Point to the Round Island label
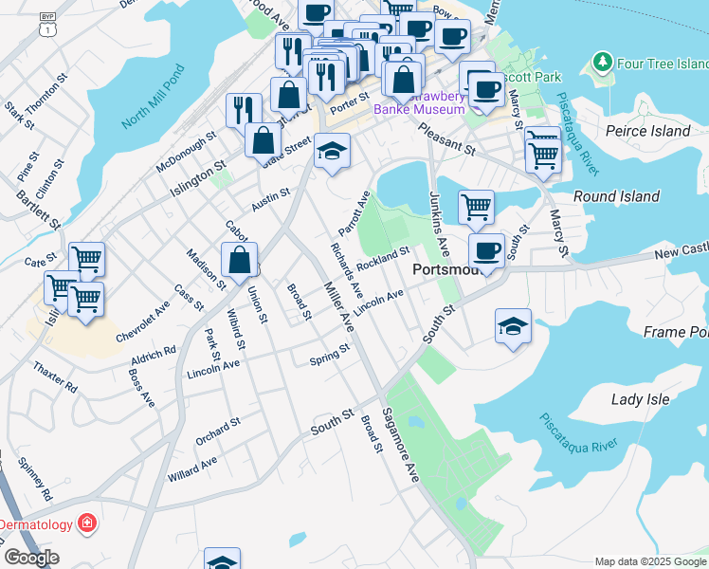coord(616,196)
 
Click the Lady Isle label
coord(641,399)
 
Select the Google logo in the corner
coord(31,558)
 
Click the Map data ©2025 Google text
coord(650,561)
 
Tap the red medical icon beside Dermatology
coord(86,523)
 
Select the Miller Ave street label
coord(338,306)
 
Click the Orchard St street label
coord(218,430)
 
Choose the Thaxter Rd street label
coord(55,377)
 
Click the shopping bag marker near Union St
coord(240,258)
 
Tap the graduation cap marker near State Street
coord(332,150)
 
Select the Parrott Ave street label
coord(354,214)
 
